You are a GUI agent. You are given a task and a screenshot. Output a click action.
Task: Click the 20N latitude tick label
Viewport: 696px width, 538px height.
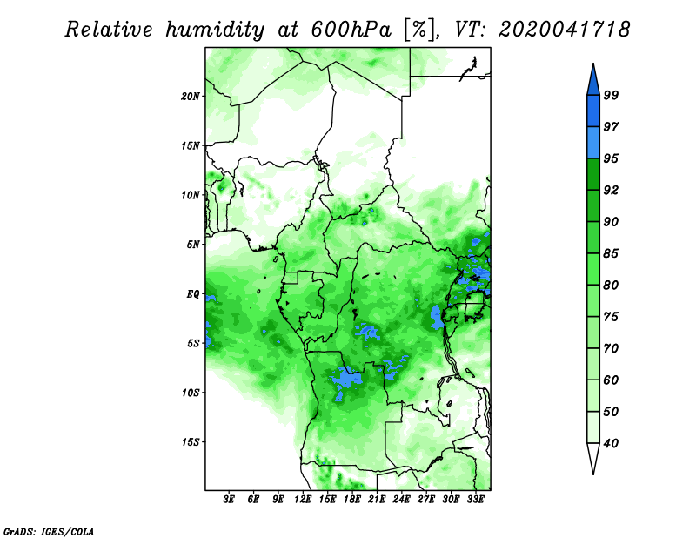point(191,97)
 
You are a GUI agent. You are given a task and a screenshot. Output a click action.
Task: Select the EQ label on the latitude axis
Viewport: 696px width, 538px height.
point(193,294)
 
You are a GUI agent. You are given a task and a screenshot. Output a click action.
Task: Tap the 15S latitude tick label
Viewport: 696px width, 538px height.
point(191,442)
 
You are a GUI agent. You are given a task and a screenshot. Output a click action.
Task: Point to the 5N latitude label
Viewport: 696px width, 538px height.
point(193,245)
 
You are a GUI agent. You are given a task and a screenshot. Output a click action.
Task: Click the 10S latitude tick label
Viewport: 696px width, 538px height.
point(191,393)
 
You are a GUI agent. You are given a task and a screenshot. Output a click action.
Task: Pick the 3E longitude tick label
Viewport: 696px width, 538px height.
point(229,499)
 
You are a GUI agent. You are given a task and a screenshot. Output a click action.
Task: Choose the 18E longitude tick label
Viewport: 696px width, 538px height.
point(352,499)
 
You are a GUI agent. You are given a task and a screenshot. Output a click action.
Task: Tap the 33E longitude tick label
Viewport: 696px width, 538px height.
point(475,499)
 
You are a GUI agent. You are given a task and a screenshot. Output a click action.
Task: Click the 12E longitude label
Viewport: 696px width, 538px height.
point(303,499)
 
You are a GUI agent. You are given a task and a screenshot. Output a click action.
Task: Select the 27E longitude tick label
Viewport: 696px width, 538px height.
point(426,499)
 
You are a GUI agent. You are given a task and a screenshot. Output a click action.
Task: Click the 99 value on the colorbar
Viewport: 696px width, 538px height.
point(612,95)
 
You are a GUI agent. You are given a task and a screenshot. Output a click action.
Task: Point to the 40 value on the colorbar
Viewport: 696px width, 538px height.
point(612,443)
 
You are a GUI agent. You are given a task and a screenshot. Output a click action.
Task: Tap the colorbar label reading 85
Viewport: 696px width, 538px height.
point(612,253)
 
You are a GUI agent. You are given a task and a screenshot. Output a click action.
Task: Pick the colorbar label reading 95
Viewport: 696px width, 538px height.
point(612,158)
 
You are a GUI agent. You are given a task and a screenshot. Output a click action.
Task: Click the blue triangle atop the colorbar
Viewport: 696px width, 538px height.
point(593,82)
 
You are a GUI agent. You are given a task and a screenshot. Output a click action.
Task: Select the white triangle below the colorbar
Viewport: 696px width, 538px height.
point(593,456)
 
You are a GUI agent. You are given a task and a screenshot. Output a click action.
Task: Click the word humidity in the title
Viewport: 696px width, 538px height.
point(215,30)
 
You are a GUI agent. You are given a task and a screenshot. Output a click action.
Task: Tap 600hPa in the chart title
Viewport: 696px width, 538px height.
point(351,30)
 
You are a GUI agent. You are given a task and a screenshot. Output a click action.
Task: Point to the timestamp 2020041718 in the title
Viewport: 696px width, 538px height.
point(564,30)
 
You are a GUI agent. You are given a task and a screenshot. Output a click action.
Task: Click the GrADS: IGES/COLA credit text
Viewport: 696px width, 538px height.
point(49,531)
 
